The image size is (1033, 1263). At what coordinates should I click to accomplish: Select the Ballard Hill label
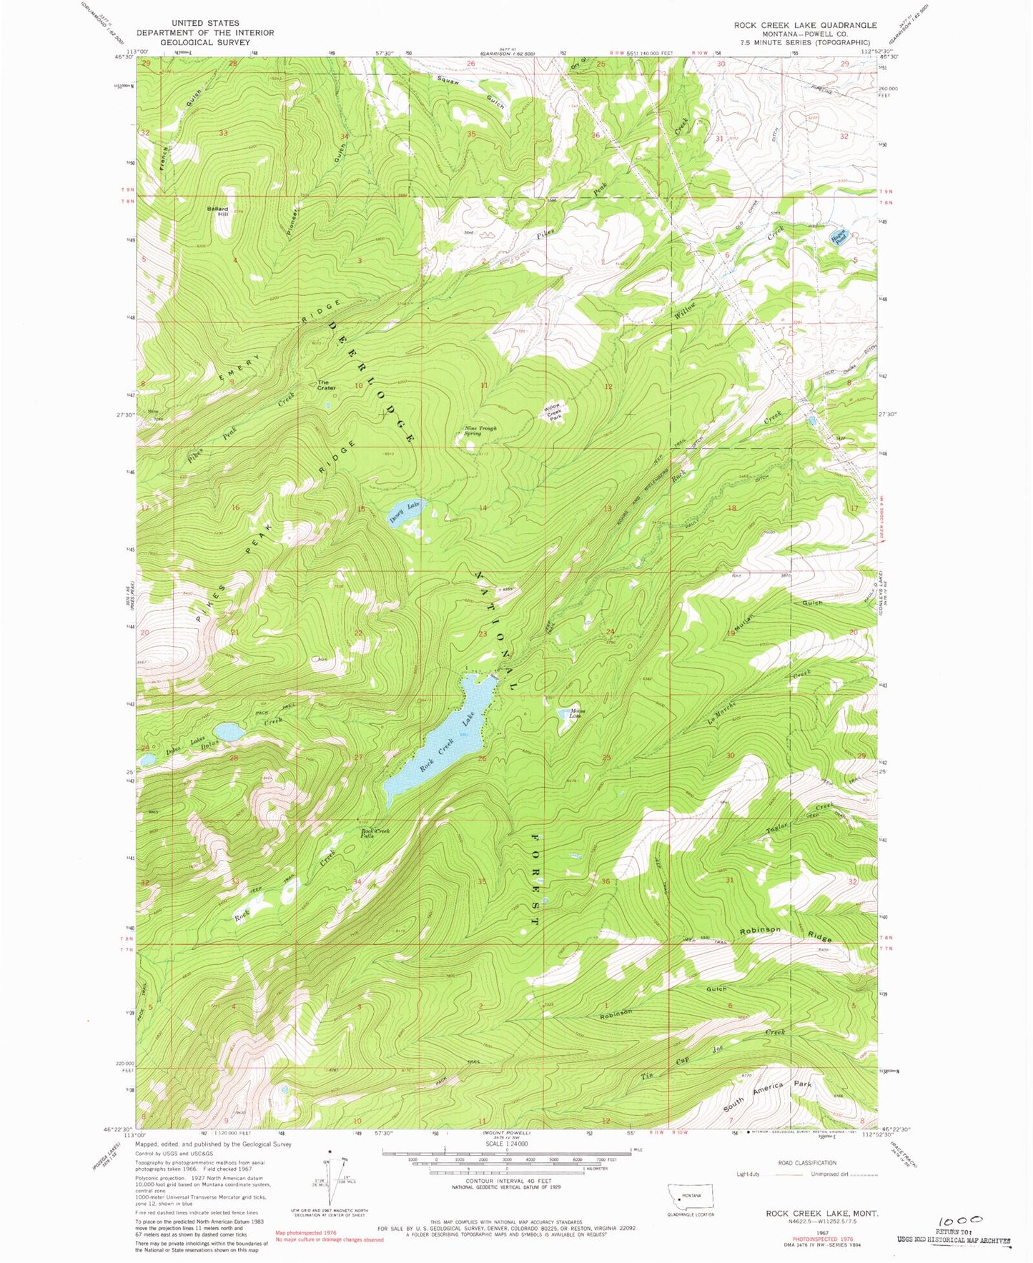coord(217,211)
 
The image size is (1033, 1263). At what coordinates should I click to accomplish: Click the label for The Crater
coord(326,385)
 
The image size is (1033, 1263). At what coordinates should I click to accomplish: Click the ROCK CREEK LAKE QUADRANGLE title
coord(805,25)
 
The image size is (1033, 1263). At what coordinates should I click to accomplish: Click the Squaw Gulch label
coord(472,91)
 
